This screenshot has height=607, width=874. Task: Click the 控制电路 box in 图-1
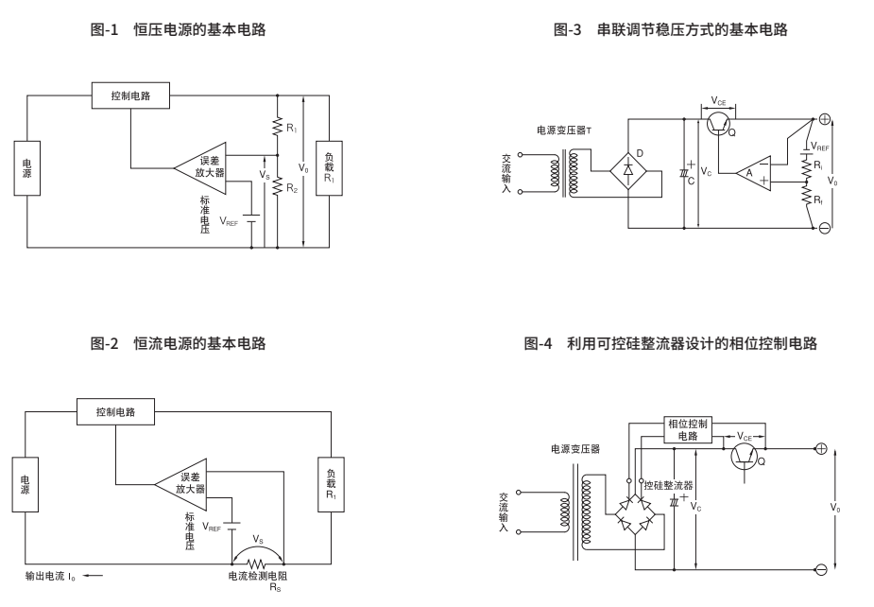coord(130,95)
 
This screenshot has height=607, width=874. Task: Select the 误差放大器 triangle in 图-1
coord(203,167)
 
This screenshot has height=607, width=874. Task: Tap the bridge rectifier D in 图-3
coord(628,169)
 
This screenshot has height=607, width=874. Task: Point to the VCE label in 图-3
coord(719,100)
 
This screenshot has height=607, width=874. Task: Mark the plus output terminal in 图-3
coord(824,119)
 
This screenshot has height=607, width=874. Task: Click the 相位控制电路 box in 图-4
coord(688,429)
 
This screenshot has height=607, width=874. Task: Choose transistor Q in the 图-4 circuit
coord(746,458)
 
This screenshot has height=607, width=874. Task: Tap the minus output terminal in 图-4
coord(821,569)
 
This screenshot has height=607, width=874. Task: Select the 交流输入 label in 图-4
coord(505,513)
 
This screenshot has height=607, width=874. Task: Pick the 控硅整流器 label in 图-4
coord(668,484)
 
